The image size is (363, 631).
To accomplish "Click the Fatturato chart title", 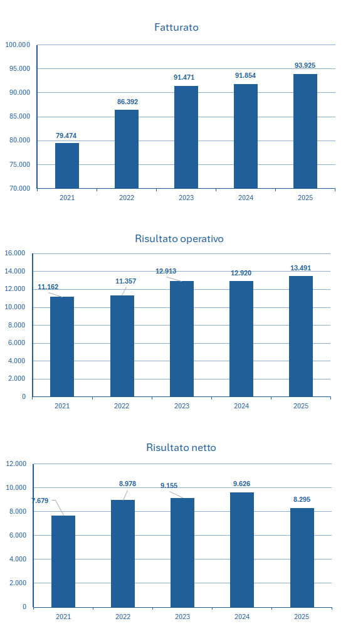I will pyautogui.click(x=176, y=28).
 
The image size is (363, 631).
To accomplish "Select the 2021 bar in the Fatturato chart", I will pyautogui.click(x=67, y=166).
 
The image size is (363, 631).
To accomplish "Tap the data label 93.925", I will pyautogui.click(x=305, y=65).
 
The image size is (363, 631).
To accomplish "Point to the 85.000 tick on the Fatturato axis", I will pyautogui.click(x=18, y=117).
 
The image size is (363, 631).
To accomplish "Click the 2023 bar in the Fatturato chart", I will pyautogui.click(x=186, y=137).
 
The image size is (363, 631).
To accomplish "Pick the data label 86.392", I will pyautogui.click(x=127, y=101).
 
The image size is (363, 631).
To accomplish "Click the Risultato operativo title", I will pyautogui.click(x=179, y=238).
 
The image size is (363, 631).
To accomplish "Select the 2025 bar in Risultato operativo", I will pyautogui.click(x=301, y=336).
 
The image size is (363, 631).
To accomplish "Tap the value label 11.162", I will pyautogui.click(x=48, y=287).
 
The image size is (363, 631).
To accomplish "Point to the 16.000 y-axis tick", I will pyautogui.click(x=14, y=253).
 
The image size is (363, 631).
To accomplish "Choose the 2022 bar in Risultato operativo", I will pyautogui.click(x=122, y=346).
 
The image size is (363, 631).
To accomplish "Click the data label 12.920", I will pyautogui.click(x=241, y=273).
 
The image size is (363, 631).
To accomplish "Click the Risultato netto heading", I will pyautogui.click(x=181, y=447).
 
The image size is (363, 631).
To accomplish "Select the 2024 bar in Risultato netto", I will pyautogui.click(x=242, y=549).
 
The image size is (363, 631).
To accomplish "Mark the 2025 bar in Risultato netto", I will pyautogui.click(x=302, y=557).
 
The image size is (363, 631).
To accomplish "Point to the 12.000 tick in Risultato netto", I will pyautogui.click(x=16, y=464).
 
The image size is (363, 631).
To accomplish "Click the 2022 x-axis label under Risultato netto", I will pyautogui.click(x=123, y=617).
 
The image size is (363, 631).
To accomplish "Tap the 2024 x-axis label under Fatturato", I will pyautogui.click(x=246, y=198).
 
